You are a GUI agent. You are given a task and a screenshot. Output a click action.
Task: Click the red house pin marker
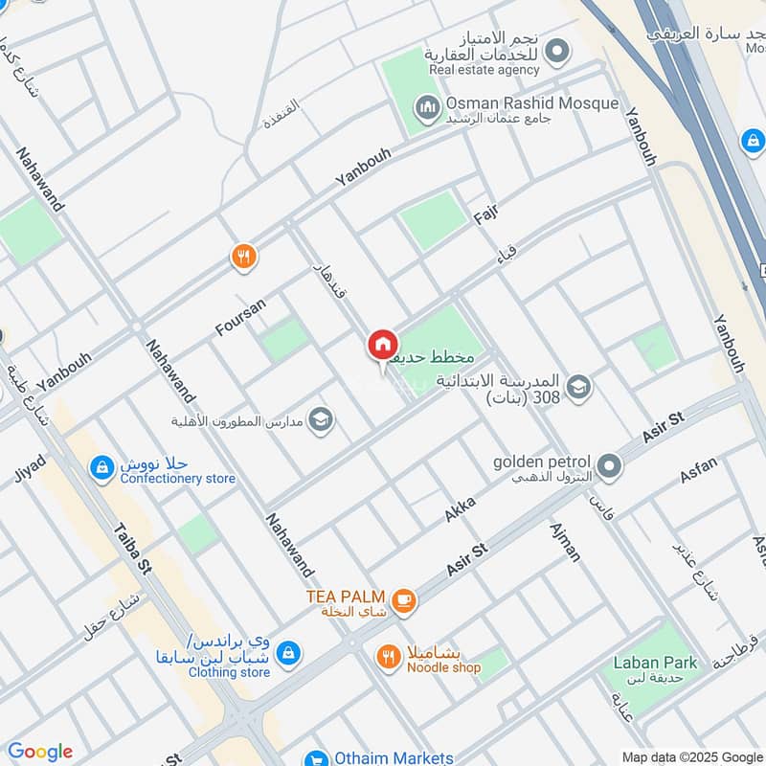click(382, 345)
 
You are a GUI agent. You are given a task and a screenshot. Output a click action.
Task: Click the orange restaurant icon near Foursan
click(244, 256)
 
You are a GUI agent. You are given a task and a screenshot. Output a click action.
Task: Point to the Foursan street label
click(240, 317)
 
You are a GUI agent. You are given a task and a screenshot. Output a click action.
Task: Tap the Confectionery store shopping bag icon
click(101, 467)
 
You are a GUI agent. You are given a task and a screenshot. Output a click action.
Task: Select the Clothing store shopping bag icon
click(286, 654)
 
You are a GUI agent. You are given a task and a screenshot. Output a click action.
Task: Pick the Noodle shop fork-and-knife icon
click(388, 656)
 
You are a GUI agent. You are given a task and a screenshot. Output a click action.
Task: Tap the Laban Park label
click(656, 662)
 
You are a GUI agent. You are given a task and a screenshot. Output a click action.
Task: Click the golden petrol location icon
click(610, 467)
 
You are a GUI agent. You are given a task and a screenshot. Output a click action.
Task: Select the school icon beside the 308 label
click(578, 387)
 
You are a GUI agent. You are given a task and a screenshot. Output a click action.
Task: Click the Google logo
click(39, 752)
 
